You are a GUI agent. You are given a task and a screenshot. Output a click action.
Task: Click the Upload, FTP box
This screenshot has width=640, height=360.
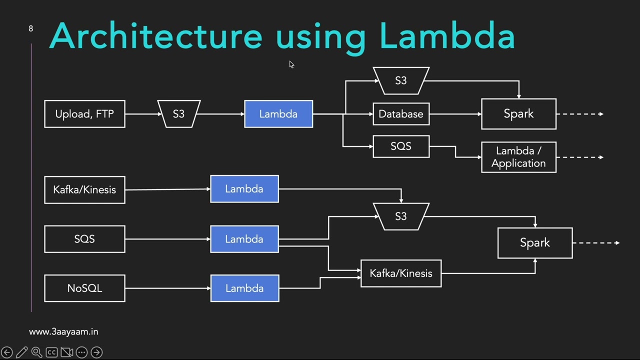click(84, 114)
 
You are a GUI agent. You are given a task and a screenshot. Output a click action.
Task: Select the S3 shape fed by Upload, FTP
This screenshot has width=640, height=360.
click(178, 114)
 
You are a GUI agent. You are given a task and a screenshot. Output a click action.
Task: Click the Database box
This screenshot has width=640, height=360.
click(400, 114)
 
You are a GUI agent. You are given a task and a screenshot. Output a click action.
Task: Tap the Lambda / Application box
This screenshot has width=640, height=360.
click(518, 157)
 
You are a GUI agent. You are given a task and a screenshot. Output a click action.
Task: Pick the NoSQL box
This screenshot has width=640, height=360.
click(84, 288)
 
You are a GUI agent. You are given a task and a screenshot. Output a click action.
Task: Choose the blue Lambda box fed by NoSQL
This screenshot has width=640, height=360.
click(244, 288)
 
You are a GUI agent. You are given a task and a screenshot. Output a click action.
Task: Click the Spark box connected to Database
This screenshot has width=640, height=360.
click(518, 114)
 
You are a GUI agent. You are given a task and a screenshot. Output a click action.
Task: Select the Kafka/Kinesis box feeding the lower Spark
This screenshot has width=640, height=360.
click(400, 273)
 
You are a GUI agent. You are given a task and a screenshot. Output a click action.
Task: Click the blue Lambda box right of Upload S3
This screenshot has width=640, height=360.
click(278, 114)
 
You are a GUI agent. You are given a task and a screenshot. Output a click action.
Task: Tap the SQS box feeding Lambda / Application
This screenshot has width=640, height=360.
click(400, 146)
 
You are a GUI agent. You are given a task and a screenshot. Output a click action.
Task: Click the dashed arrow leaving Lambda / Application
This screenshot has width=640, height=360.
click(580, 157)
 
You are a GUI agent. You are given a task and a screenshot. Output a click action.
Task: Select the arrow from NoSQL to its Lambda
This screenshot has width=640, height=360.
click(167, 288)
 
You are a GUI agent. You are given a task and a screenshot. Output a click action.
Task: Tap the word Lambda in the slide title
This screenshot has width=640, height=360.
click(447, 36)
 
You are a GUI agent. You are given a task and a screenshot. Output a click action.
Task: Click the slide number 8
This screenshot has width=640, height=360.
click(31, 28)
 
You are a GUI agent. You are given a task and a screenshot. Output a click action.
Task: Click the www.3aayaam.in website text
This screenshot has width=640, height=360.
click(63, 331)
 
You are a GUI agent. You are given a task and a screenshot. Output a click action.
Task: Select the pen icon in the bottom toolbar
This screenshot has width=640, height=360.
click(21, 352)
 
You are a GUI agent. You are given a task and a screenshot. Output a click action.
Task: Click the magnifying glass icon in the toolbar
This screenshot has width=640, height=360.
click(36, 352)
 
